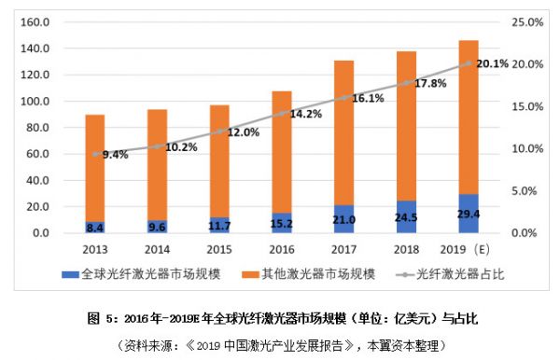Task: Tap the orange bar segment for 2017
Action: pos(343,131)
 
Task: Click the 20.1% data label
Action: pos(492,63)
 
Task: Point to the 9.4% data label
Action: pos(114,155)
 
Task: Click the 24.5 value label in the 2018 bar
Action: pos(406,220)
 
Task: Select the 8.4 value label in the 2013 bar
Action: pos(95,227)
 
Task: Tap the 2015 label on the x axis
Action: pos(219,249)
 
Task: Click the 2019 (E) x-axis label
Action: pos(467,249)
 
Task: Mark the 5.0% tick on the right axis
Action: pos(524,190)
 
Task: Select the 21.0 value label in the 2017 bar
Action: pos(343,220)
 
